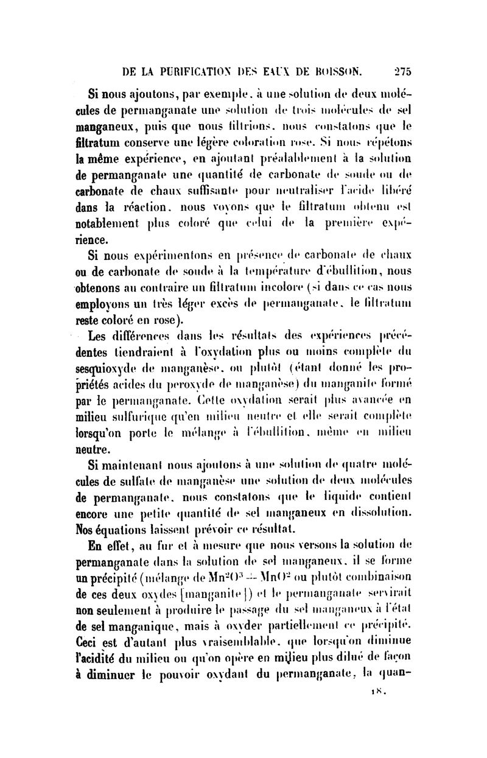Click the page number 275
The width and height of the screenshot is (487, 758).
[x=402, y=71]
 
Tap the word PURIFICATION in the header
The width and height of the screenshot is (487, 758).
[x=192, y=71]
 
